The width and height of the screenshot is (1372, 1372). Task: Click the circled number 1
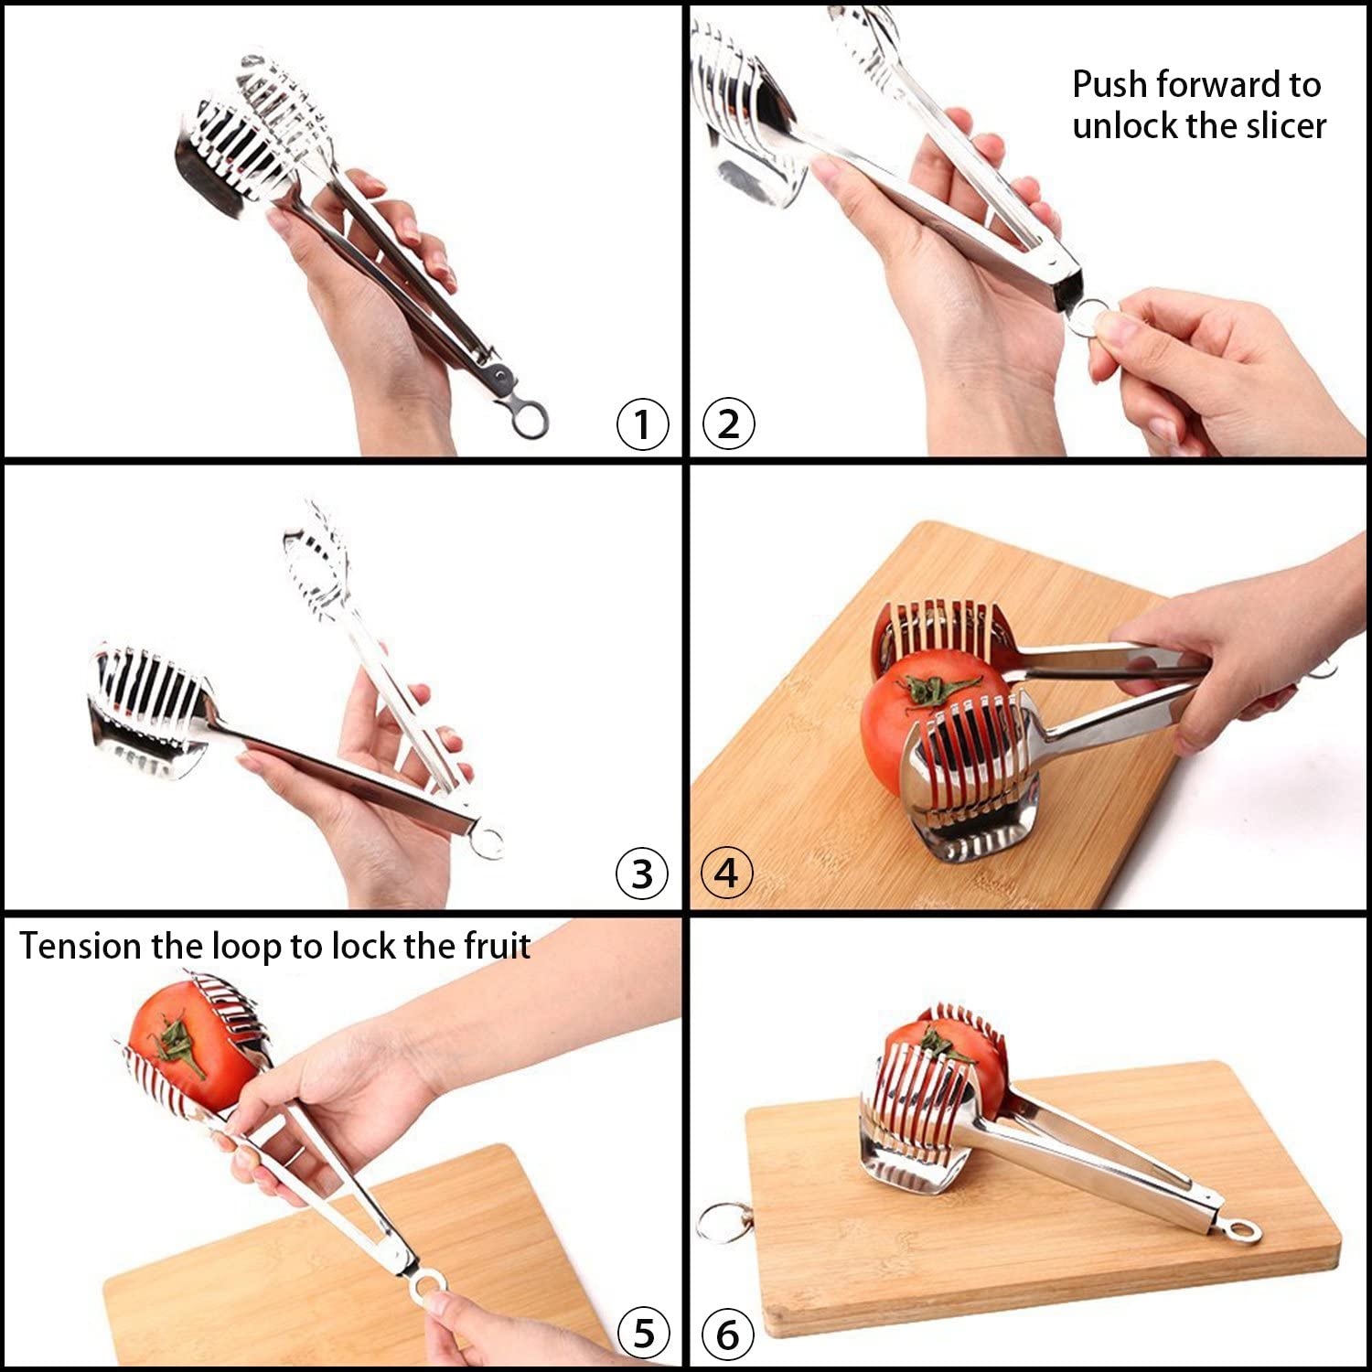(x=643, y=424)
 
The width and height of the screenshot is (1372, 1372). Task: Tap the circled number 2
(x=728, y=424)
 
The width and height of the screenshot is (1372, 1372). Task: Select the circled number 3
(x=643, y=874)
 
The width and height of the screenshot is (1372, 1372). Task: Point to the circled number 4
(x=726, y=874)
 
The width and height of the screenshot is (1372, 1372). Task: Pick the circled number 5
(x=644, y=1333)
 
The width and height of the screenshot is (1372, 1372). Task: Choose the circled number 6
(x=728, y=1334)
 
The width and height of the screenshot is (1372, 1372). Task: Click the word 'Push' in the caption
(x=1109, y=85)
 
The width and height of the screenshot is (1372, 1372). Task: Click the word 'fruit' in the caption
(x=497, y=946)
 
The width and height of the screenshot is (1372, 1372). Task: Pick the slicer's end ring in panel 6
(x=1243, y=1231)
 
